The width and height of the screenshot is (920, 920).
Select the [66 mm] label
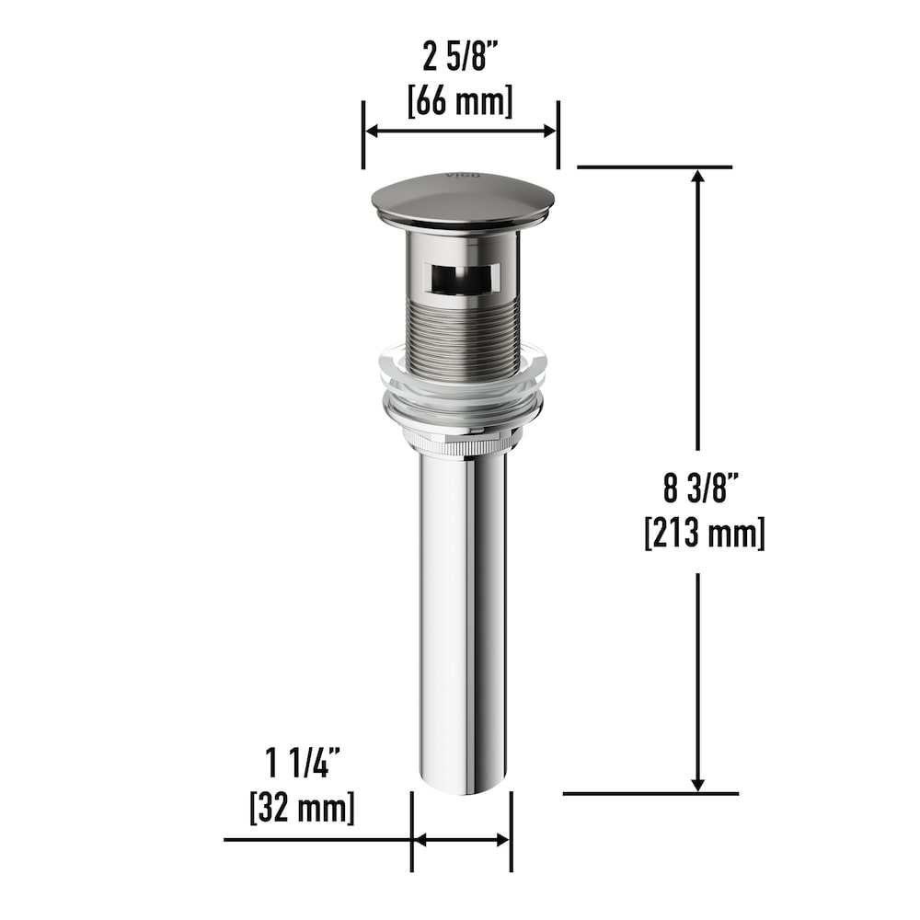point(460,99)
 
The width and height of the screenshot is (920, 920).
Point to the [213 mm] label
point(705,533)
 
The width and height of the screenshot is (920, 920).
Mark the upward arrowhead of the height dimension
point(698,179)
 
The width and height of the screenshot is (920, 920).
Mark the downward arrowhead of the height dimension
point(698,782)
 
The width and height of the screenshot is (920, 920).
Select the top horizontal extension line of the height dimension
point(653,167)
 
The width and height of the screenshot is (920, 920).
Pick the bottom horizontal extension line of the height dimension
point(650,793)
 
